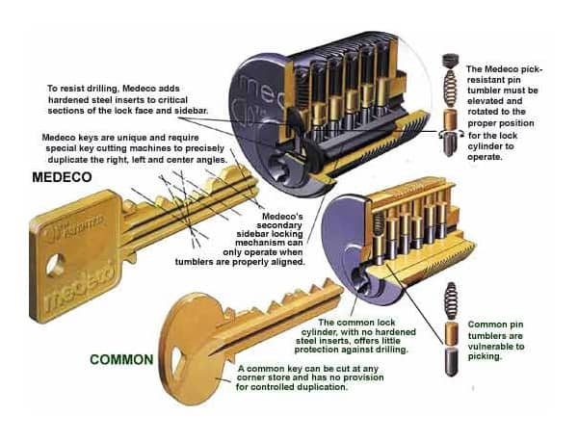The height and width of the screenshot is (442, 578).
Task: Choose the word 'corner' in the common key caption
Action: coord(256,378)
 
